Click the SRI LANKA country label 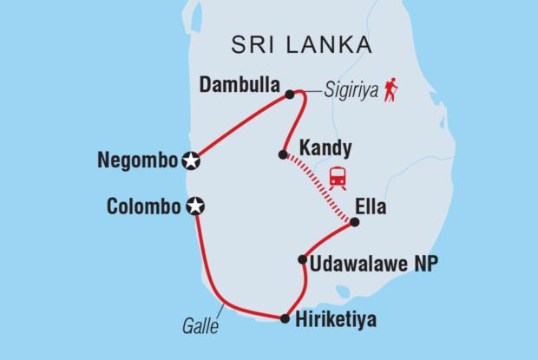pos(298,45)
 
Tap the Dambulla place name pos(239,86)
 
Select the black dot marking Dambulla pos(289,95)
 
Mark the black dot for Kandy pos(282,155)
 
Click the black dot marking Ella pos(354,222)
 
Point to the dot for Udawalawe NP pos(302,259)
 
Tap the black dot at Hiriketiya pos(285,318)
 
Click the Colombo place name pos(144,206)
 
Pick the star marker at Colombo pos(196,206)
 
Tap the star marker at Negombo pos(192,160)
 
